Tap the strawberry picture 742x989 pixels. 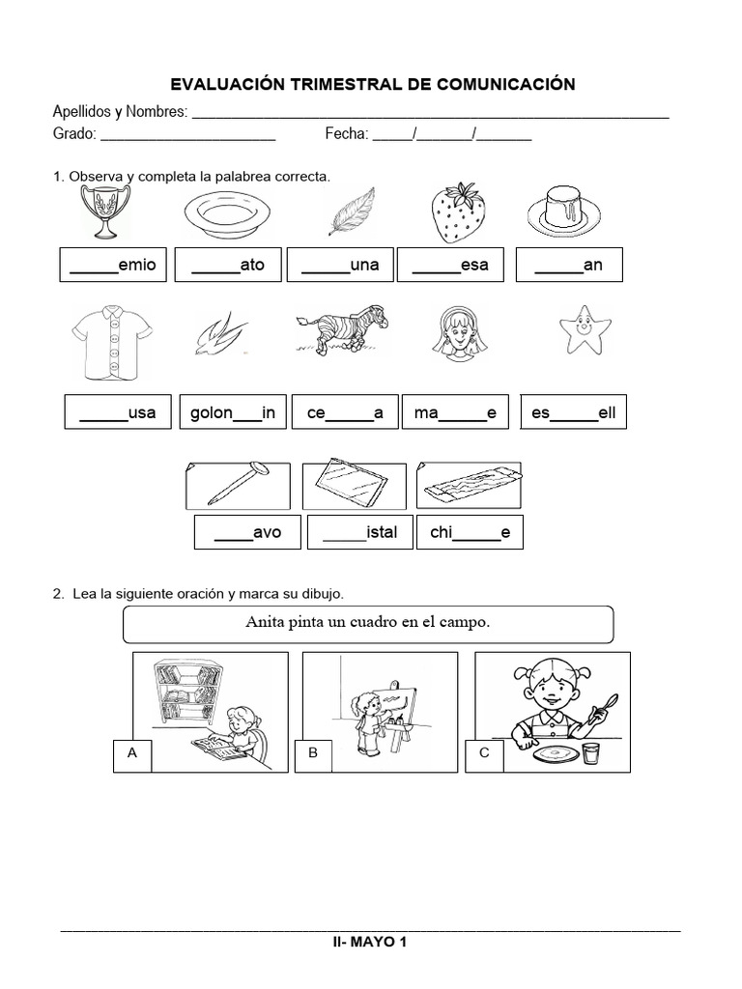coord(456,212)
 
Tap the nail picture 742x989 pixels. coord(238,485)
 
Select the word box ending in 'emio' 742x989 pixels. coord(113,265)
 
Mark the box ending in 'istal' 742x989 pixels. coord(358,532)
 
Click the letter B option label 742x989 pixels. coord(313,757)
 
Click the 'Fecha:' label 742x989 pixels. coord(346,135)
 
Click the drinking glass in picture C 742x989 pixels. coord(590,752)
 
